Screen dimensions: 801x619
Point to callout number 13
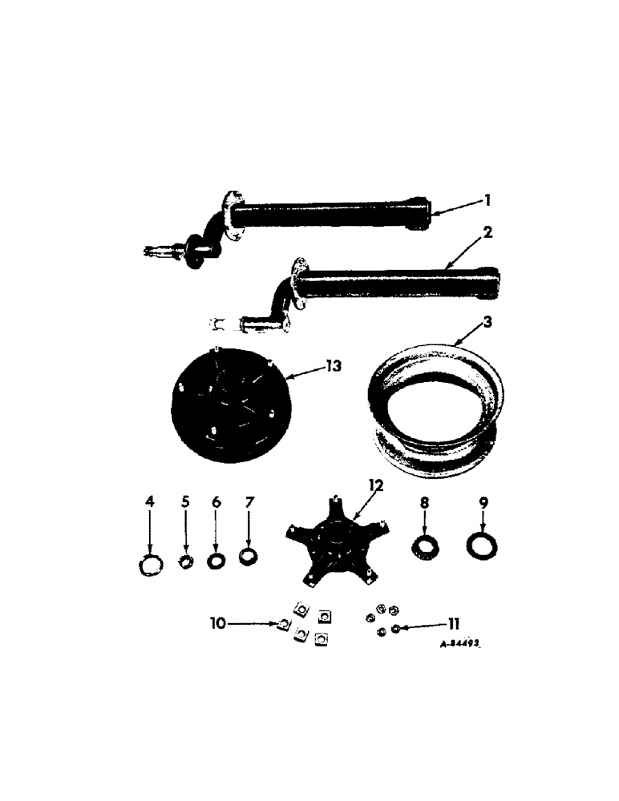[331, 367]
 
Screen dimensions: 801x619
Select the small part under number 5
[186, 561]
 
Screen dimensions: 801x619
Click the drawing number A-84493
[464, 643]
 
